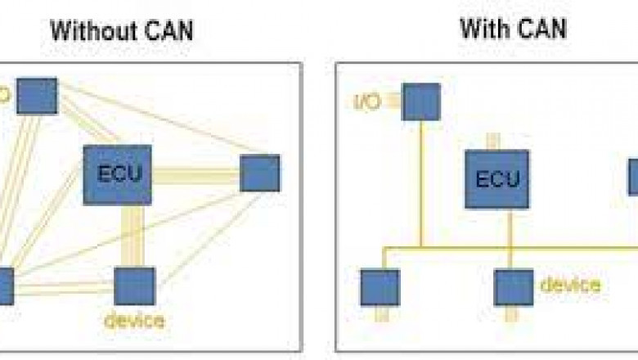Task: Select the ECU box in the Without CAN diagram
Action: click(118, 174)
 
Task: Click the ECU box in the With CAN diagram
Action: click(497, 178)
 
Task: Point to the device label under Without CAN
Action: click(134, 320)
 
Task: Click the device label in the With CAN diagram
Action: click(570, 285)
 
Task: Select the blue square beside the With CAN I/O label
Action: click(420, 101)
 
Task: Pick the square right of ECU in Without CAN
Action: click(260, 173)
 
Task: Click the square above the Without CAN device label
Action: click(134, 286)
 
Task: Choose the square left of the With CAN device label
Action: click(514, 287)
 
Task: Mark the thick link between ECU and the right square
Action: click(195, 174)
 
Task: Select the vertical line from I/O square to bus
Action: click(421, 180)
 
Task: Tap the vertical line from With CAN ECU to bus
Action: click(509, 227)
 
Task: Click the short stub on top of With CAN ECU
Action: click(492, 141)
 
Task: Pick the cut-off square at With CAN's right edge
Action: click(633, 177)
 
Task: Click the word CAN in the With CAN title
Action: click(540, 29)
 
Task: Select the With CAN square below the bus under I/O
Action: click(380, 287)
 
